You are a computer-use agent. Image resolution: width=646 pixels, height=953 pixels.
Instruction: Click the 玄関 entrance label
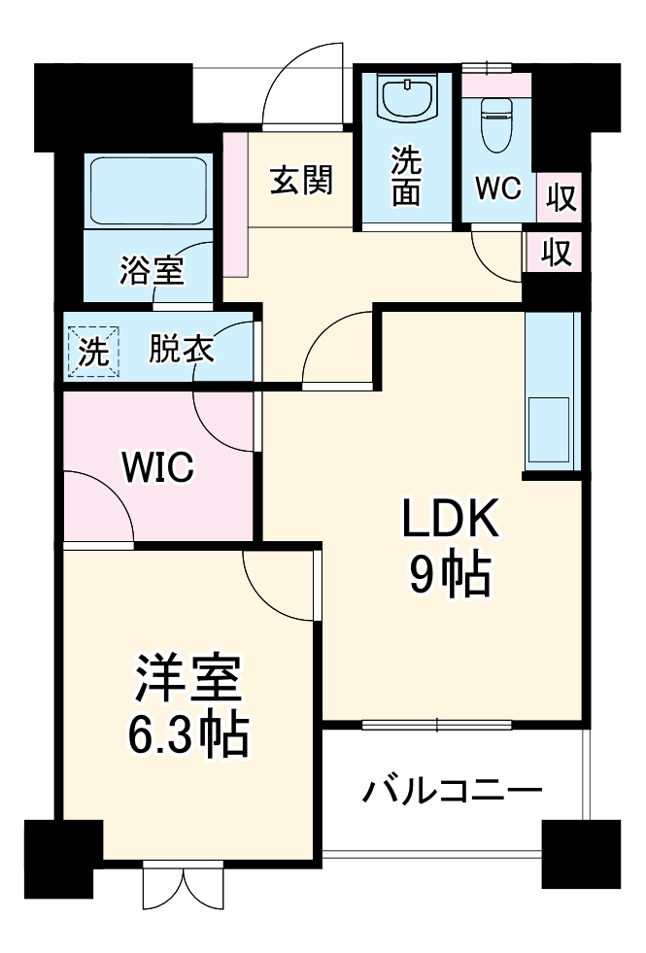[302, 180]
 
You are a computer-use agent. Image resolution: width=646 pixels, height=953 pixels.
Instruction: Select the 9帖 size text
[449, 577]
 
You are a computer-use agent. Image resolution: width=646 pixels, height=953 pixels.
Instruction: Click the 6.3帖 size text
[188, 738]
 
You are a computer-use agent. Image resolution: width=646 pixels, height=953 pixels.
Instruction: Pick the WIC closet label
[157, 468]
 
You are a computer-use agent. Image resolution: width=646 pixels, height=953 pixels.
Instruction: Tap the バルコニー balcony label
[453, 792]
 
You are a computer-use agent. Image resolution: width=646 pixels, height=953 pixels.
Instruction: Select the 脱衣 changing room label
[182, 348]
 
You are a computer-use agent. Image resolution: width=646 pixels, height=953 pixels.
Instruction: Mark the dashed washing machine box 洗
[94, 351]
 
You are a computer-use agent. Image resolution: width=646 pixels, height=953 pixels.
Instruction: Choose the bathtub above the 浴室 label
[151, 192]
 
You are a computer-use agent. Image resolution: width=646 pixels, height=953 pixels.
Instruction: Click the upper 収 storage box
[560, 198]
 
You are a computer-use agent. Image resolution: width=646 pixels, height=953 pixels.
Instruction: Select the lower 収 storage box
[555, 252]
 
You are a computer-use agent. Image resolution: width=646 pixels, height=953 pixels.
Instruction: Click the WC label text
[498, 188]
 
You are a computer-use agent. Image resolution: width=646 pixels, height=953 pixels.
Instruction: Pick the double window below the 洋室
[184, 884]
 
